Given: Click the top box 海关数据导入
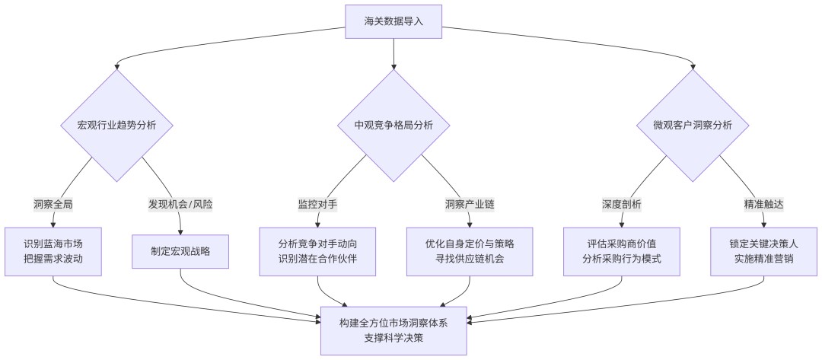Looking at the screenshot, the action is [x=393, y=21].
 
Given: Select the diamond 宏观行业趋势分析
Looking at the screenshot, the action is [x=116, y=126].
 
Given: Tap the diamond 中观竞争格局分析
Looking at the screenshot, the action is [x=393, y=126].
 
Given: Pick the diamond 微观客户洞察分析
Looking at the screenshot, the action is [x=693, y=126].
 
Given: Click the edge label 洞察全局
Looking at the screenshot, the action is [x=53, y=205].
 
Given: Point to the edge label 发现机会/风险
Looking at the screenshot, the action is [x=180, y=205].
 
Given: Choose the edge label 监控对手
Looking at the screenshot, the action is [x=317, y=205].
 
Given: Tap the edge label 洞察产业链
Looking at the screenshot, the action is [x=470, y=205].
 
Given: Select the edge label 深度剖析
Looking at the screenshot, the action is [x=622, y=205].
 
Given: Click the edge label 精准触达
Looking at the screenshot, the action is [x=764, y=205].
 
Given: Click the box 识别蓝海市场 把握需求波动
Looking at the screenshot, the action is [x=53, y=251].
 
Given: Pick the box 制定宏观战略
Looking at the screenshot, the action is [x=180, y=251].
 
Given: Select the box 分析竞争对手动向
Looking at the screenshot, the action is [x=317, y=251].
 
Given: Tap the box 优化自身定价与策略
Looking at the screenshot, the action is [x=470, y=251].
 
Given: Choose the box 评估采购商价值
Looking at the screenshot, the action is [x=622, y=251].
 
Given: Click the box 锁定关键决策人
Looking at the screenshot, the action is [x=764, y=251].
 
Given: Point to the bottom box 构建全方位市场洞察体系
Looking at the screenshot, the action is [x=393, y=330].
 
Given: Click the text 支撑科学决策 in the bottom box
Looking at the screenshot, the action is [x=393, y=338].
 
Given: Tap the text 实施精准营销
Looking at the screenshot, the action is [x=764, y=258].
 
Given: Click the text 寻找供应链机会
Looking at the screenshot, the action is [x=470, y=258].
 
